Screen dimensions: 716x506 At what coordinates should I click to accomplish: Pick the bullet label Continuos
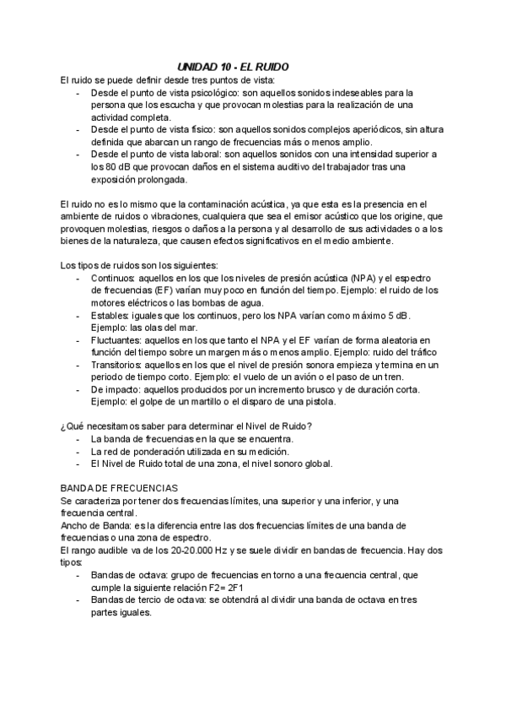tap(111, 279)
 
